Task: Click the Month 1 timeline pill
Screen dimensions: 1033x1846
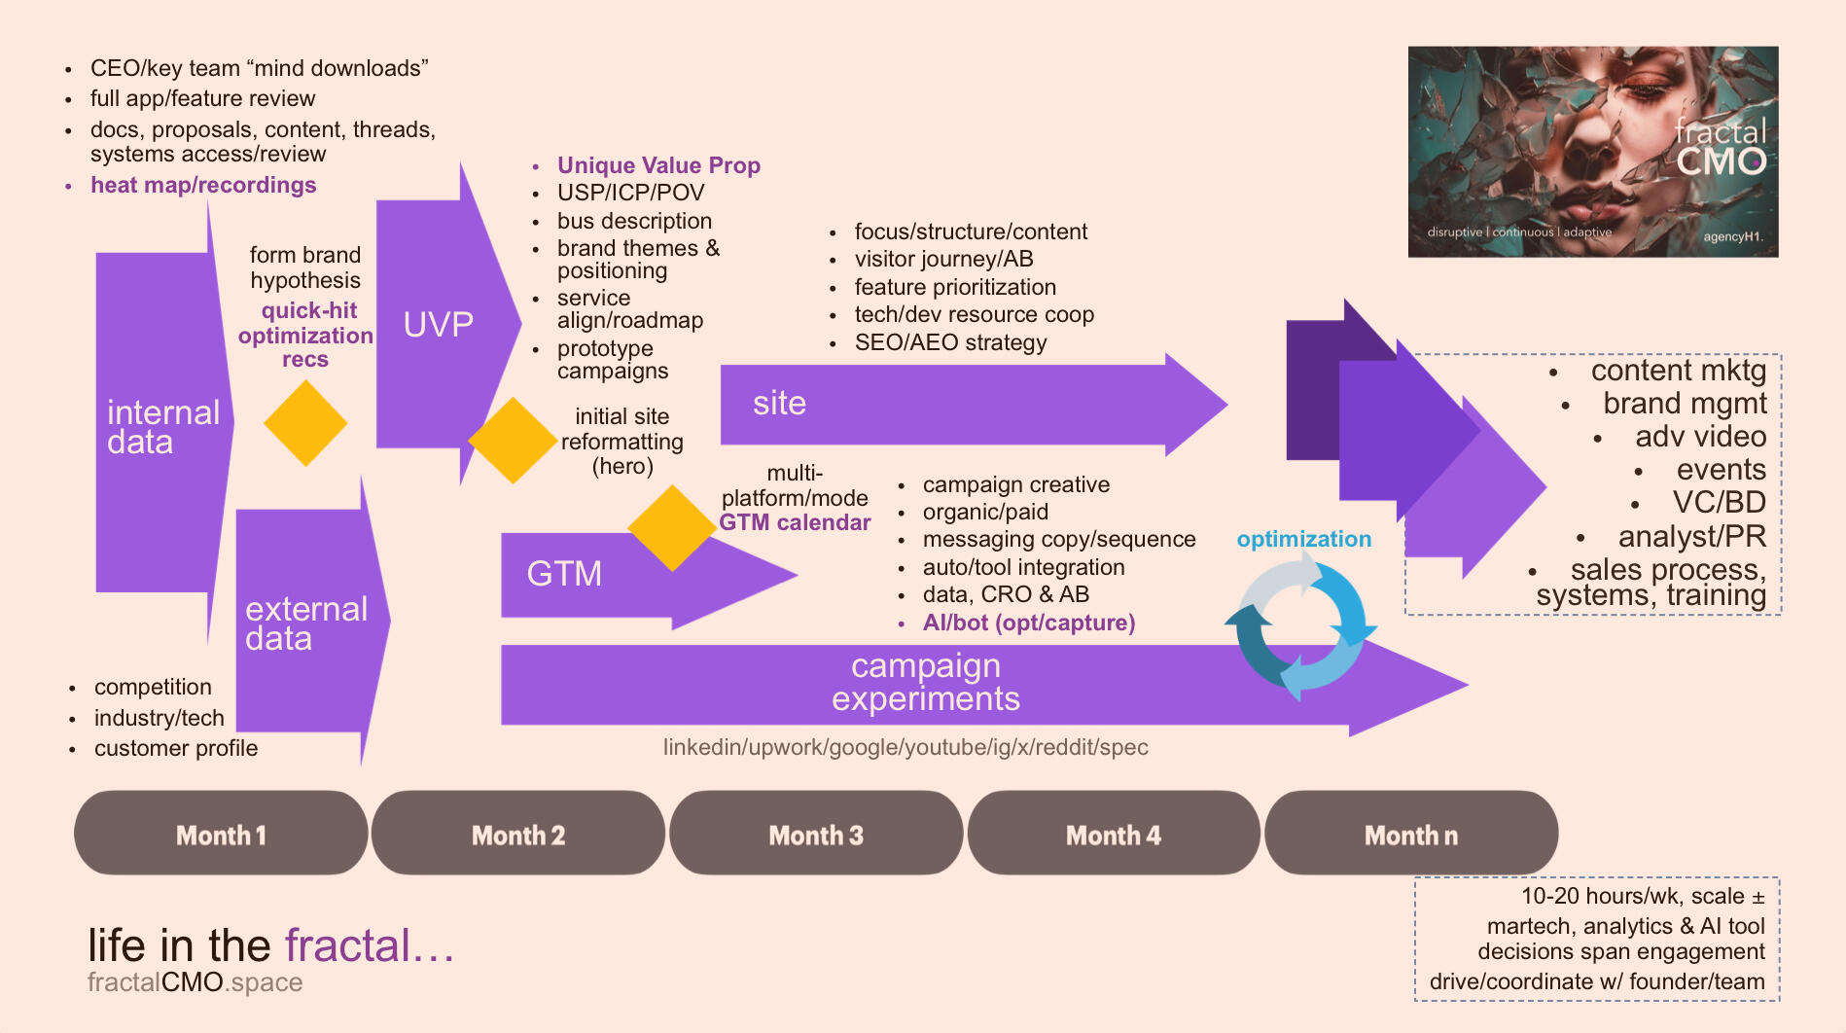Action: pyautogui.click(x=221, y=834)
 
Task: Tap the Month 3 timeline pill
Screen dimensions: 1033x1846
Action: pyautogui.click(x=816, y=834)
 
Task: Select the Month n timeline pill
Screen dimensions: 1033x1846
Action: pyautogui.click(x=1411, y=834)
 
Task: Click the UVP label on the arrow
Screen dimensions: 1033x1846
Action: pyautogui.click(x=438, y=324)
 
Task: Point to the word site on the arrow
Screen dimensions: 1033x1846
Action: pyautogui.click(x=779, y=403)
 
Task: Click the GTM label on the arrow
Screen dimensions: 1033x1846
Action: pyautogui.click(x=564, y=573)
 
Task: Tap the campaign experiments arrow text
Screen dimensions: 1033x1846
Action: pyautogui.click(x=925, y=682)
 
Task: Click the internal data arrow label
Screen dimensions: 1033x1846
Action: pyautogui.click(x=162, y=427)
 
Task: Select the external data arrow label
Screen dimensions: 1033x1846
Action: pyautogui.click(x=305, y=623)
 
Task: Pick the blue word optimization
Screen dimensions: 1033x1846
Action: pyautogui.click(x=1303, y=539)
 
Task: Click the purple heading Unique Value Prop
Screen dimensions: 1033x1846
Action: pyautogui.click(x=658, y=165)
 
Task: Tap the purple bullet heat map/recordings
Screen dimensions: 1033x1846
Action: pyautogui.click(x=203, y=185)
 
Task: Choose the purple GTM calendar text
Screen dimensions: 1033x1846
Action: pyautogui.click(x=795, y=522)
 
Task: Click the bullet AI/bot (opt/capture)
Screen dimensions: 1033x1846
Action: pyautogui.click(x=1028, y=623)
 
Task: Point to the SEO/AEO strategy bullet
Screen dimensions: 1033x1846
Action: pyautogui.click(x=950, y=342)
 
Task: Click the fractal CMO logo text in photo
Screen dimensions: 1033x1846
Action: pyautogui.click(x=1720, y=148)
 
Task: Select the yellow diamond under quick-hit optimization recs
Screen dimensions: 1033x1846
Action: pyautogui.click(x=305, y=423)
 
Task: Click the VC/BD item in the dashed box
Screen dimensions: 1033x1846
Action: pyautogui.click(x=1719, y=502)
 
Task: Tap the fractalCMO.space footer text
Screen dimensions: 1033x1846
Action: pyautogui.click(x=195, y=982)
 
